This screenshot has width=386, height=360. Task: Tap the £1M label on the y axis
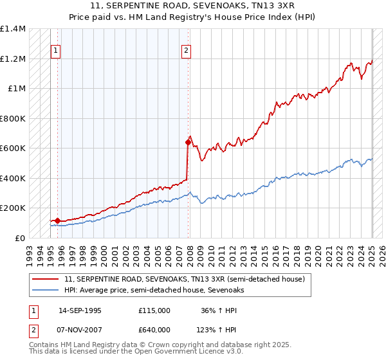click(x=17, y=89)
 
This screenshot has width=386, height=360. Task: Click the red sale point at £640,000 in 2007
click(x=188, y=143)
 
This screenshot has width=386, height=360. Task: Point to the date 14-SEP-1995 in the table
click(x=80, y=310)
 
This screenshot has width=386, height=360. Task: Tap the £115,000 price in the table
click(x=154, y=310)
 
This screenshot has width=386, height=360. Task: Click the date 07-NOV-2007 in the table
click(x=80, y=330)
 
